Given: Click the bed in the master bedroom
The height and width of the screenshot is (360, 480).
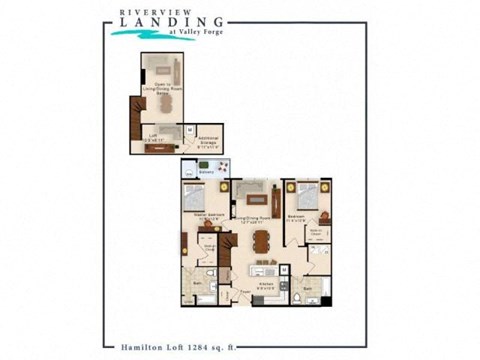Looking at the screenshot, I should click(197, 195).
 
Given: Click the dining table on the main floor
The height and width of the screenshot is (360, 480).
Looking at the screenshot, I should click(261, 241).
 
